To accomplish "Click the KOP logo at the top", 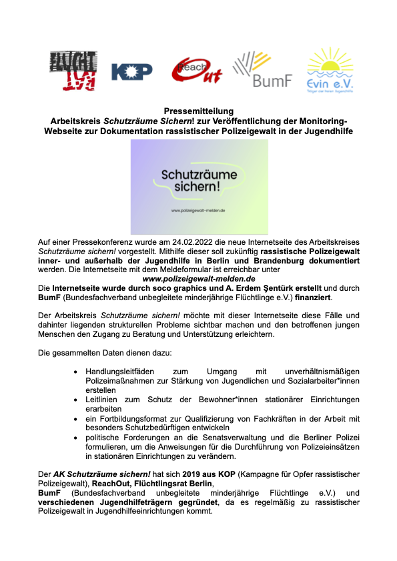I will click(x=131, y=72).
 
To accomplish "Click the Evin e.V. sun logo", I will click(x=329, y=70).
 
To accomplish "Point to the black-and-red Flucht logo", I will click(x=73, y=71).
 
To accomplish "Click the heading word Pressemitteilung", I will click(x=198, y=111).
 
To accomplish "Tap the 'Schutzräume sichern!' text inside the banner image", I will click(x=199, y=181).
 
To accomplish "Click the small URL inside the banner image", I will click(x=199, y=211).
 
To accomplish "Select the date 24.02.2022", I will click(x=191, y=244).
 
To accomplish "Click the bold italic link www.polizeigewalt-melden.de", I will click(x=199, y=279).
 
